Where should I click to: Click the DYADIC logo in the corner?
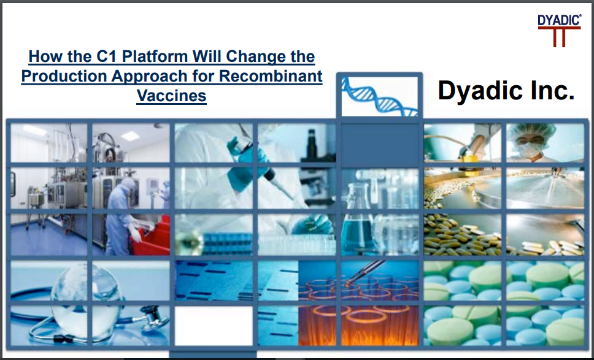(560, 30)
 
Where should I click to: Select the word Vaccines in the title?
(172, 95)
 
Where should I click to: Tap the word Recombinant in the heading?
(271, 75)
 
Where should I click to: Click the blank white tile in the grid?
(214, 326)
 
